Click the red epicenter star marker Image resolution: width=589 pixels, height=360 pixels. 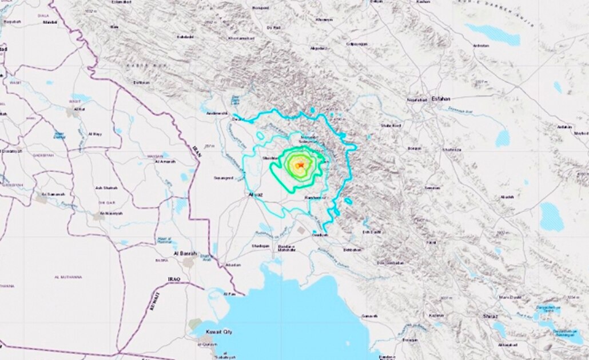click(x=299, y=165)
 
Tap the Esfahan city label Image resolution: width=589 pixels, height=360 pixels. click(x=441, y=99)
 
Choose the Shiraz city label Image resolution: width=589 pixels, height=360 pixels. click(x=474, y=316)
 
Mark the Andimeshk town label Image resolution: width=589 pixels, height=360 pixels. click(x=217, y=113)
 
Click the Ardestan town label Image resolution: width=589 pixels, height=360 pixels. click(x=481, y=45)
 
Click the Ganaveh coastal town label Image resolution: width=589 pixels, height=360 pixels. click(x=370, y=316)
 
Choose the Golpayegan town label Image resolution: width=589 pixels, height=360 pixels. click(x=357, y=43)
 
